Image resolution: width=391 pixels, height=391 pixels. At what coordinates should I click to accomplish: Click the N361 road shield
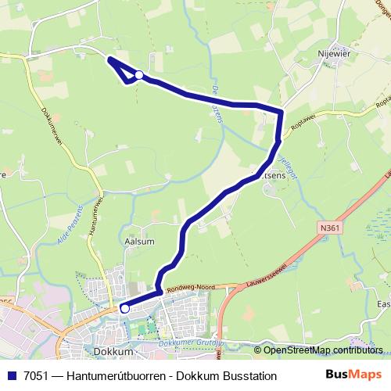pos(330,227)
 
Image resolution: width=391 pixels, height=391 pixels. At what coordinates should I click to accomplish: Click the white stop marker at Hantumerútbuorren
pos(139,75)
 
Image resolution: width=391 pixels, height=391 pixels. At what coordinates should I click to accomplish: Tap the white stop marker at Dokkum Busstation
pos(124,308)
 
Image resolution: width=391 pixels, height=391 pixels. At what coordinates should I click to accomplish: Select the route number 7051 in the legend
pos(32,376)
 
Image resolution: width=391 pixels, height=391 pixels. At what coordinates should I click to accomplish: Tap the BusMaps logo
pos(353,375)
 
